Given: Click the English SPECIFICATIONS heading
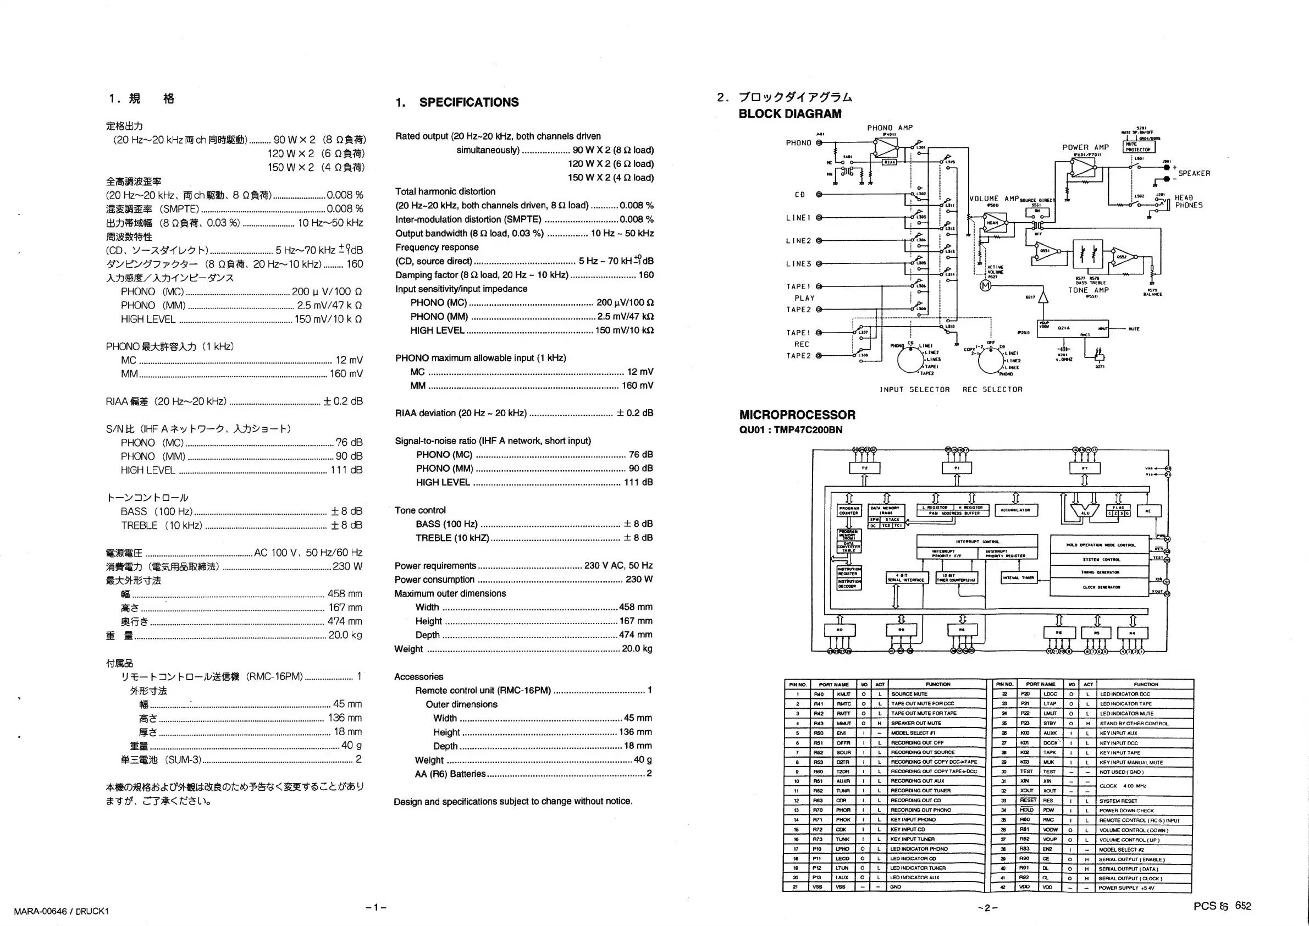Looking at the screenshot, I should [x=468, y=103].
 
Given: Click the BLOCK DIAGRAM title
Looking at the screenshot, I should [x=789, y=114].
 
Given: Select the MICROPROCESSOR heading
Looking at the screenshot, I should [x=797, y=415].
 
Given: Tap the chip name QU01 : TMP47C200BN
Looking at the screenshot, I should [x=790, y=430].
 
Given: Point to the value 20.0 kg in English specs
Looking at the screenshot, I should [x=637, y=648].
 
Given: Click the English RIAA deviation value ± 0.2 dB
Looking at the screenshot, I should [x=634, y=413].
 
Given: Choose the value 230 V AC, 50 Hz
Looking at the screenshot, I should [x=618, y=566].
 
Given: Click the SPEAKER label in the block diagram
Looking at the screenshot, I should [x=1194, y=173].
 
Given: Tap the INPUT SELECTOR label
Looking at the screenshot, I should [x=914, y=389].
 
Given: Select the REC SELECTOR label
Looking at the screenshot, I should [x=992, y=389].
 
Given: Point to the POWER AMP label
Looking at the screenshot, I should [x=1085, y=147].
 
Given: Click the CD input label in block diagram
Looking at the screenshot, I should [x=800, y=195].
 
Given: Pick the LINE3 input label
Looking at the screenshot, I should [x=798, y=264].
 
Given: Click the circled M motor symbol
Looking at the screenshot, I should [x=985, y=286].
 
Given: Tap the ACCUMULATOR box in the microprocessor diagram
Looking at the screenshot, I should [x=1016, y=510].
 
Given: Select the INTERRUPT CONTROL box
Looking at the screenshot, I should [x=977, y=541].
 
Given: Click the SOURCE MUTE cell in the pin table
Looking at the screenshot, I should [x=909, y=694].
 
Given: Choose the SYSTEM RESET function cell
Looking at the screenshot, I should [x=1118, y=801].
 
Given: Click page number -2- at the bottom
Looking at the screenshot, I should [x=987, y=907].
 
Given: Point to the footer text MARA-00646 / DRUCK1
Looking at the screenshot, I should [x=61, y=911].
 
